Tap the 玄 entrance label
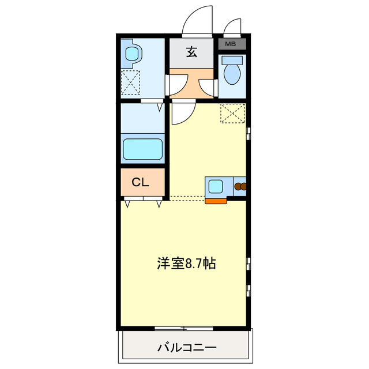[191, 52]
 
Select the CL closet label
[141, 182]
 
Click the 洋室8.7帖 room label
[187, 264]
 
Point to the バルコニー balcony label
[186, 348]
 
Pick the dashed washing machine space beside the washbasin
[131, 81]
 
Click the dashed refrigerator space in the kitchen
[233, 113]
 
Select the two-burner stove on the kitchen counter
[239, 187]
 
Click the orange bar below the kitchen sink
[216, 201]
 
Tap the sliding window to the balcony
[184, 329]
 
